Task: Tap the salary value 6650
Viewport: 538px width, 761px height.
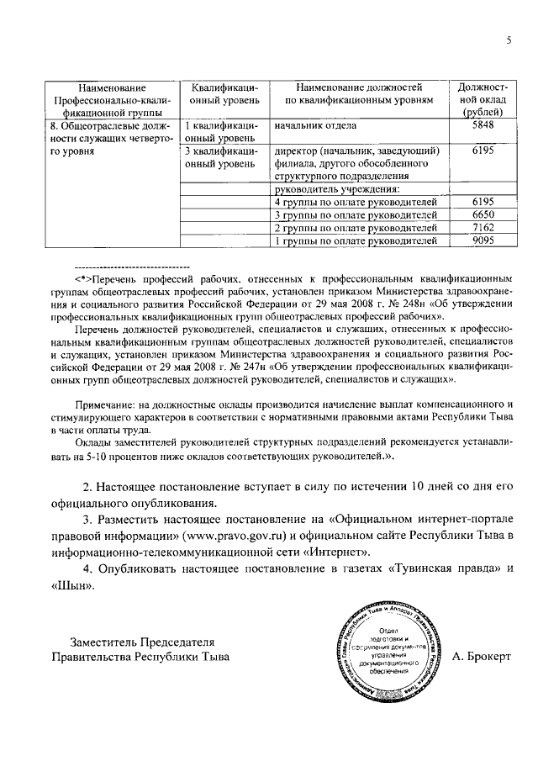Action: [x=482, y=215]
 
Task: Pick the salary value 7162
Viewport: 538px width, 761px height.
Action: [x=482, y=228]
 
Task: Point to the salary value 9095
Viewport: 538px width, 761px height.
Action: [x=482, y=241]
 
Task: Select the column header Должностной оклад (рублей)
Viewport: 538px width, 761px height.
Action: [x=482, y=99]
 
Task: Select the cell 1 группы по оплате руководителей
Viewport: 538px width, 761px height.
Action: [x=357, y=241]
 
